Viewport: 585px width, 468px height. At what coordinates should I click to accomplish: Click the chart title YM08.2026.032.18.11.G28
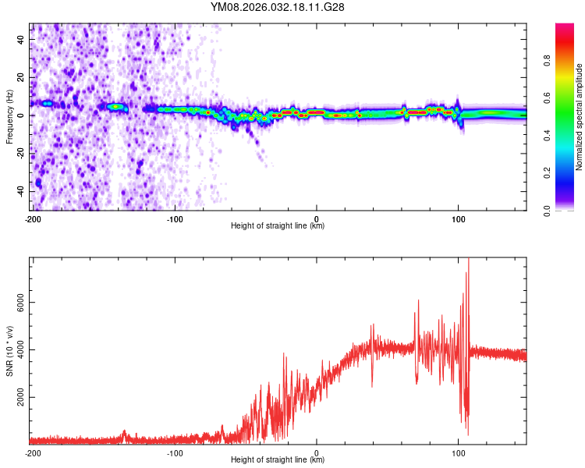(278, 7)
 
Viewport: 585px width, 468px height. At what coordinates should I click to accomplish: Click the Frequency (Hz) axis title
(9, 117)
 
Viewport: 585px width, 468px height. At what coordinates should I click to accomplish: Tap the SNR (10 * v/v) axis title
(9, 350)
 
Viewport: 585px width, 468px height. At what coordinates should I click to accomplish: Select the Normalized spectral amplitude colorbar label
(579, 117)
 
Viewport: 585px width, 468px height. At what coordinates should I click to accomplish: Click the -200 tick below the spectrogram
(32, 218)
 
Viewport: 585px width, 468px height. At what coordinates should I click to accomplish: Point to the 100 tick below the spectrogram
(459, 218)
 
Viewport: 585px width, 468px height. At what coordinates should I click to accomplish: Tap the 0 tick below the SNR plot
(317, 452)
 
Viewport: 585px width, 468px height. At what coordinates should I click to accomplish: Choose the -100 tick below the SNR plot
(174, 452)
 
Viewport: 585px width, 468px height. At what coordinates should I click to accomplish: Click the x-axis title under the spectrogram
(278, 226)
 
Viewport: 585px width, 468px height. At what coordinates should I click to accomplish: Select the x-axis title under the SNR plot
(278, 460)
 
